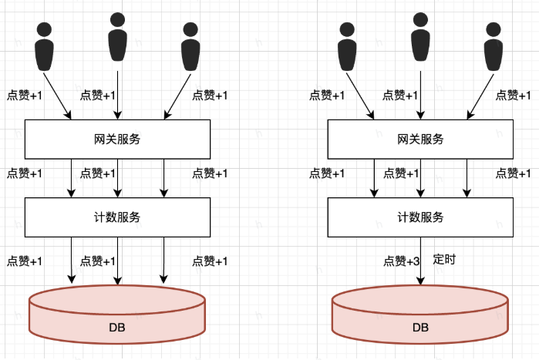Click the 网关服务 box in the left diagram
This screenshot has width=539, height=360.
pyautogui.click(x=117, y=140)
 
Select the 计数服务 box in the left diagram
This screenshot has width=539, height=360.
pyautogui.click(x=117, y=217)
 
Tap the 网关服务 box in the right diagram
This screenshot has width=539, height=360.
pyautogui.click(x=420, y=140)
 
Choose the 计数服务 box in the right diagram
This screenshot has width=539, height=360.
pyautogui.click(x=420, y=217)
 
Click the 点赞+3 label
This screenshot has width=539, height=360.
pyautogui.click(x=401, y=261)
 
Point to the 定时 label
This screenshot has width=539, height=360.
pyautogui.click(x=444, y=259)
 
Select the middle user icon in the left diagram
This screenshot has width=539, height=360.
pyautogui.click(x=117, y=36)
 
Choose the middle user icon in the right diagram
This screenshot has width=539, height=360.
pyautogui.click(x=420, y=36)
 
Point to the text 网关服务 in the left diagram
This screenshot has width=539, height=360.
pyautogui.click(x=117, y=140)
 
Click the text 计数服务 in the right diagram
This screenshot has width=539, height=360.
pyautogui.click(x=420, y=217)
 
